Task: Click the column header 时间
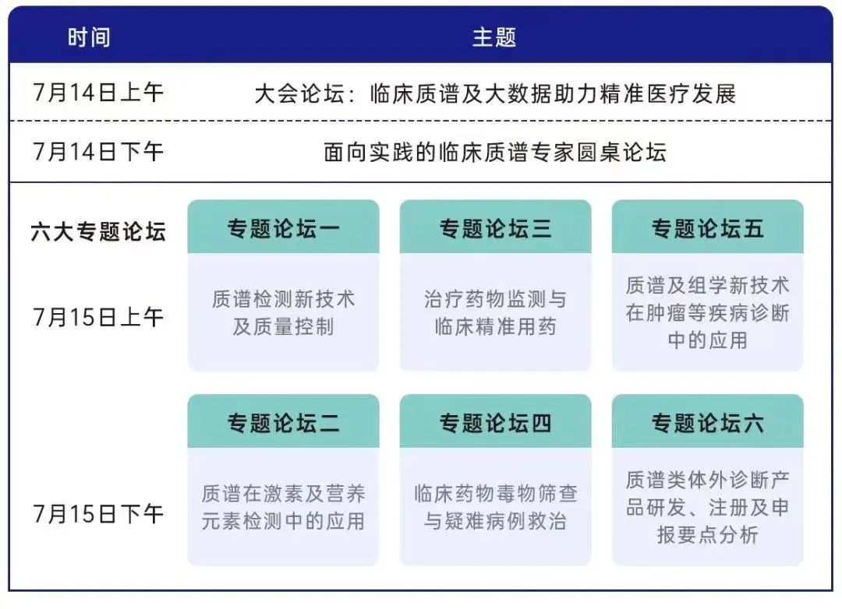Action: pos(89,37)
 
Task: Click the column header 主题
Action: pos(494,37)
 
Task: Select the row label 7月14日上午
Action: pos(98,93)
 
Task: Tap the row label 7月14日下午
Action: pos(98,151)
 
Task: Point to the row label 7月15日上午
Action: pos(98,317)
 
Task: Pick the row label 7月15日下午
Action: pos(98,514)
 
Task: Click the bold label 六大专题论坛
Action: pos(98,232)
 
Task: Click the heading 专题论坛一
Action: pos(284,229)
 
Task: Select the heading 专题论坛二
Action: pos(284,423)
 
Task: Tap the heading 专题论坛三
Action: pos(495,229)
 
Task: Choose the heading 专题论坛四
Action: pos(495,423)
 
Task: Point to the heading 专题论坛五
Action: pos(708,229)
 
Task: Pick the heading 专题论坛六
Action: pos(708,423)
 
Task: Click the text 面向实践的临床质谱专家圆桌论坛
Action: pos(495,153)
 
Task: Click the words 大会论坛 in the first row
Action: pos(299,94)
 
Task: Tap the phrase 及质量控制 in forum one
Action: pos(284,327)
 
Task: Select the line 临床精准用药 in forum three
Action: pos(495,327)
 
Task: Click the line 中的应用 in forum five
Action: pos(708,340)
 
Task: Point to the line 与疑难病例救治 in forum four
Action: pos(495,521)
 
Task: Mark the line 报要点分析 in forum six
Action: pos(708,535)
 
